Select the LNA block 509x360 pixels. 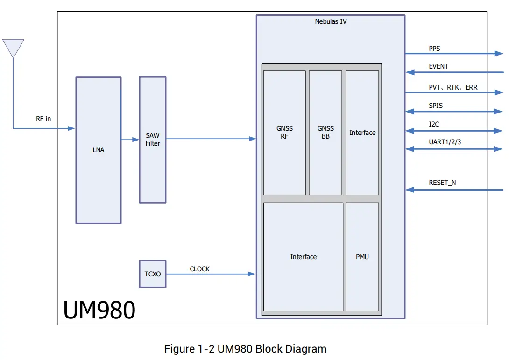click(99, 150)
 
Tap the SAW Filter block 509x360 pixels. click(153, 140)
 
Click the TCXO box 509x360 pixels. click(153, 274)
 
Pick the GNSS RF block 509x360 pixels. click(284, 133)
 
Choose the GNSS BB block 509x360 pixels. click(325, 133)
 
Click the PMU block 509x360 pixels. click(362, 257)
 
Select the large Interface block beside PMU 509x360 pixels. click(304, 257)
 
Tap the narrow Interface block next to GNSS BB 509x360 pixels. click(362, 133)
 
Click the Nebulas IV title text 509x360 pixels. click(331, 21)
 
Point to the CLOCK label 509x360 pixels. click(199, 269)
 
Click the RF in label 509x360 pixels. click(43, 119)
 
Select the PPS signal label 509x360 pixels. click(434, 49)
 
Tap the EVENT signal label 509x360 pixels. click(438, 66)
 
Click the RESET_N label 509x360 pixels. click(442, 183)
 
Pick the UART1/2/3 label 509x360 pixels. click(445, 142)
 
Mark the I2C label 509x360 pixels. click(434, 125)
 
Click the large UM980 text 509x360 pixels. click(99, 310)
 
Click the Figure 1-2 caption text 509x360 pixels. click(245, 349)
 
